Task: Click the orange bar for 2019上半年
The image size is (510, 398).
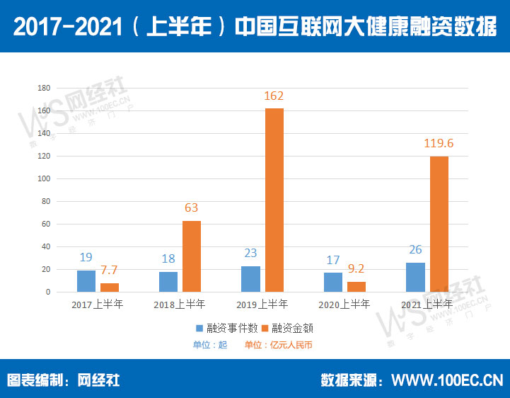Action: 274,200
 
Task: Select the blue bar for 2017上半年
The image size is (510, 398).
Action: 86,281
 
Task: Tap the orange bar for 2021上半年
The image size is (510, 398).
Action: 439,224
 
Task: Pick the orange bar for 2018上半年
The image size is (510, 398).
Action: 192,256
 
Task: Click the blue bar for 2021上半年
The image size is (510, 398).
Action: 415,277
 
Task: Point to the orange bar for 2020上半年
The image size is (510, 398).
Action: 357,287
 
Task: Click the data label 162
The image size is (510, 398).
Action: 274,96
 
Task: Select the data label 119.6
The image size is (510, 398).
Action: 439,143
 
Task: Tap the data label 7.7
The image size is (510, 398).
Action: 110,271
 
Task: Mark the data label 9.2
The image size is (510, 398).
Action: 357,269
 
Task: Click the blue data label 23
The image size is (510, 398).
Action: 250,254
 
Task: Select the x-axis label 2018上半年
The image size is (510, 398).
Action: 180,305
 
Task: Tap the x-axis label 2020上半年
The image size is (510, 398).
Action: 344,305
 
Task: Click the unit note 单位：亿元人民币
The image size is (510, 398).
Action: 278,345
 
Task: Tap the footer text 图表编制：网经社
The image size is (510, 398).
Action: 64,380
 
